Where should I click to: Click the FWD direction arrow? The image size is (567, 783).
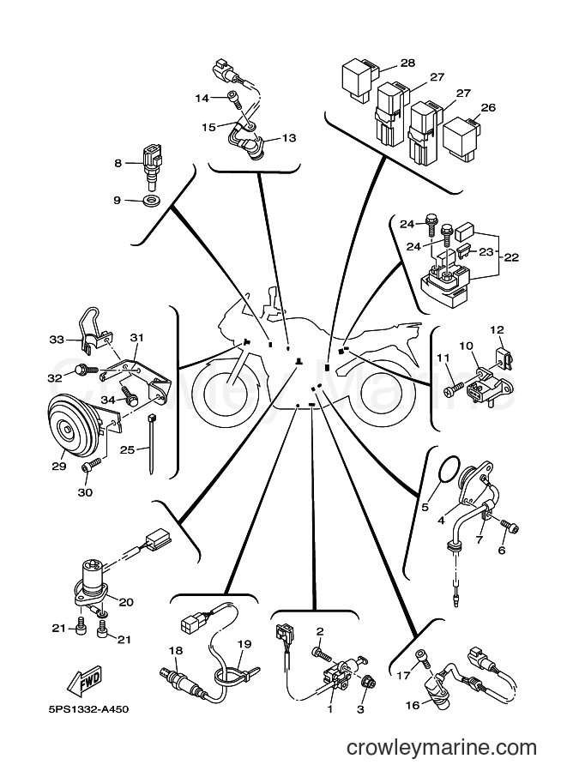click(x=85, y=681)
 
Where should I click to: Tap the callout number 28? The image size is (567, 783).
click(x=407, y=63)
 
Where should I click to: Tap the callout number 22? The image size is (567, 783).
click(x=511, y=257)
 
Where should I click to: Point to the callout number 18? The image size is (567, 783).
click(x=176, y=651)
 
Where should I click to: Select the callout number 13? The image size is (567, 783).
click(x=289, y=138)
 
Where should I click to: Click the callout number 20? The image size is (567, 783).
click(x=126, y=602)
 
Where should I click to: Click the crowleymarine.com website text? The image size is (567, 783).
click(x=442, y=748)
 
